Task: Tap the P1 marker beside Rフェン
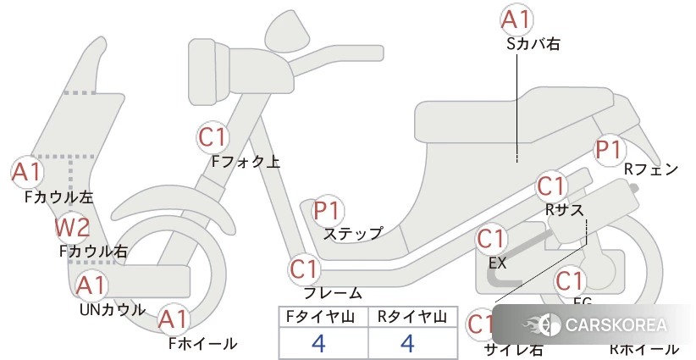pos(608,150)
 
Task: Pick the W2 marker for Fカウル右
pos(72,227)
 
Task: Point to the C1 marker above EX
pos(491,239)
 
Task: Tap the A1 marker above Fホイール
pos(174,319)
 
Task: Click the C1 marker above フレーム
pos(304,269)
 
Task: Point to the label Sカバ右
pos(533,42)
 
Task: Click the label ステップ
pos(353,233)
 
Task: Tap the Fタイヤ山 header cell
pos(323,316)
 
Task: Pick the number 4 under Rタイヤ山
pos(407,343)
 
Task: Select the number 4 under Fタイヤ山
pos(318,343)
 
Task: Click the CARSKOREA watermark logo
pos(594,324)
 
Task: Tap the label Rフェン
pos(650,169)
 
